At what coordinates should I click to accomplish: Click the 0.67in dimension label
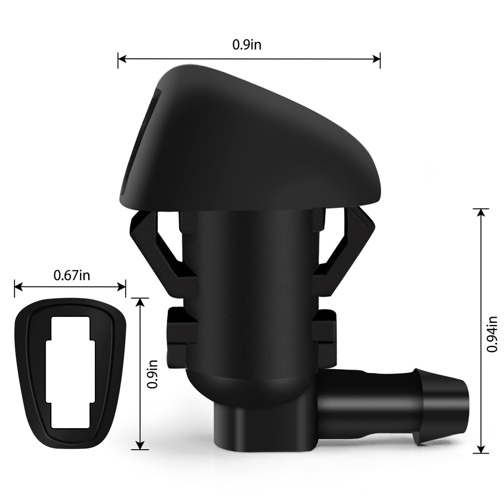[72, 275]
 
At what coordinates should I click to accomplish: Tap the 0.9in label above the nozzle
[247, 45]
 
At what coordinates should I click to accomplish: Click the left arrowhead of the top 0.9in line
[122, 59]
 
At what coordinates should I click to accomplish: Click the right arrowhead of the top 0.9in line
[377, 59]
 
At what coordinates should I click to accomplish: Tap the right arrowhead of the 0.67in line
[122, 287]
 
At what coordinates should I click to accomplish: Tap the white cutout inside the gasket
[71, 375]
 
